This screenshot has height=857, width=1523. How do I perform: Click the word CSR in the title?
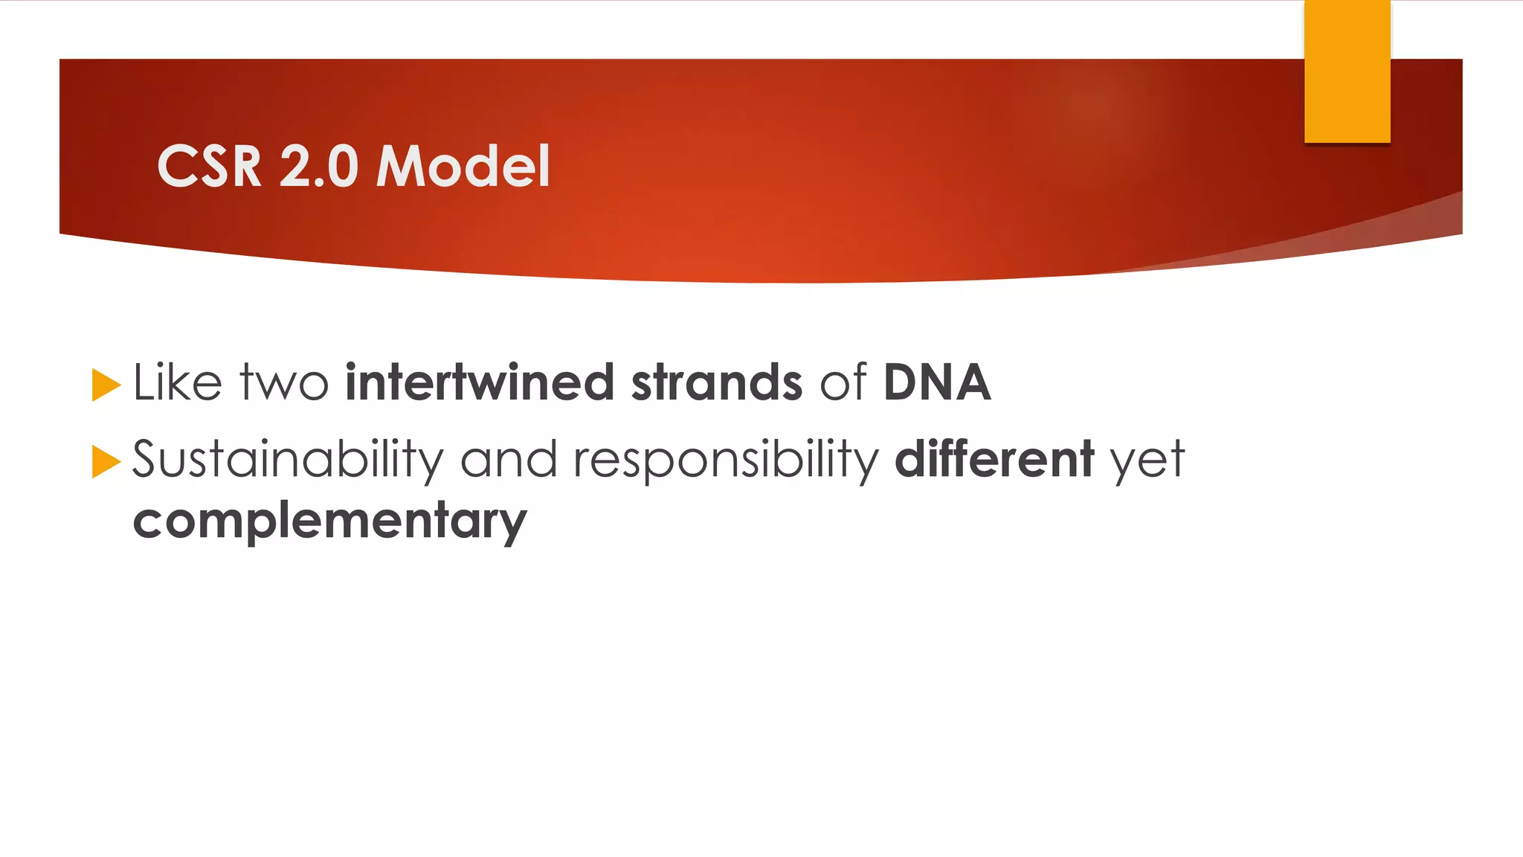(x=209, y=166)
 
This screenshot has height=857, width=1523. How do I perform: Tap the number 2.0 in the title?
(x=319, y=166)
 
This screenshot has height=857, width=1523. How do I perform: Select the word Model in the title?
(x=463, y=166)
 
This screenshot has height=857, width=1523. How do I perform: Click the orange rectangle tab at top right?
(x=1347, y=71)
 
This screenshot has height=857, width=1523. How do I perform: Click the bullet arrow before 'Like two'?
(x=106, y=385)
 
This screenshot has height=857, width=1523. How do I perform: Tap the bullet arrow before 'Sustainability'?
(x=106, y=462)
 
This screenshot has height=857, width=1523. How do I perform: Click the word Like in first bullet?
(x=177, y=382)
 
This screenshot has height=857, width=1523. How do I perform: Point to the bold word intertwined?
(x=480, y=382)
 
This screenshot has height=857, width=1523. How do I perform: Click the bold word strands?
(x=716, y=382)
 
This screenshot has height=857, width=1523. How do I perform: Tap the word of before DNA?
(x=843, y=382)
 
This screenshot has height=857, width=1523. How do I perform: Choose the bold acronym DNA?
(x=936, y=382)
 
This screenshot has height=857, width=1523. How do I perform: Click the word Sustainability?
(x=287, y=460)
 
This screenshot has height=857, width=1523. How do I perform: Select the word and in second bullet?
(x=509, y=460)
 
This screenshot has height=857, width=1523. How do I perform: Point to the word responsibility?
(x=726, y=460)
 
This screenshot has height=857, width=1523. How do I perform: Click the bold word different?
(x=994, y=460)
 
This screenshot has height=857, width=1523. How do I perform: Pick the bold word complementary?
(x=329, y=521)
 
